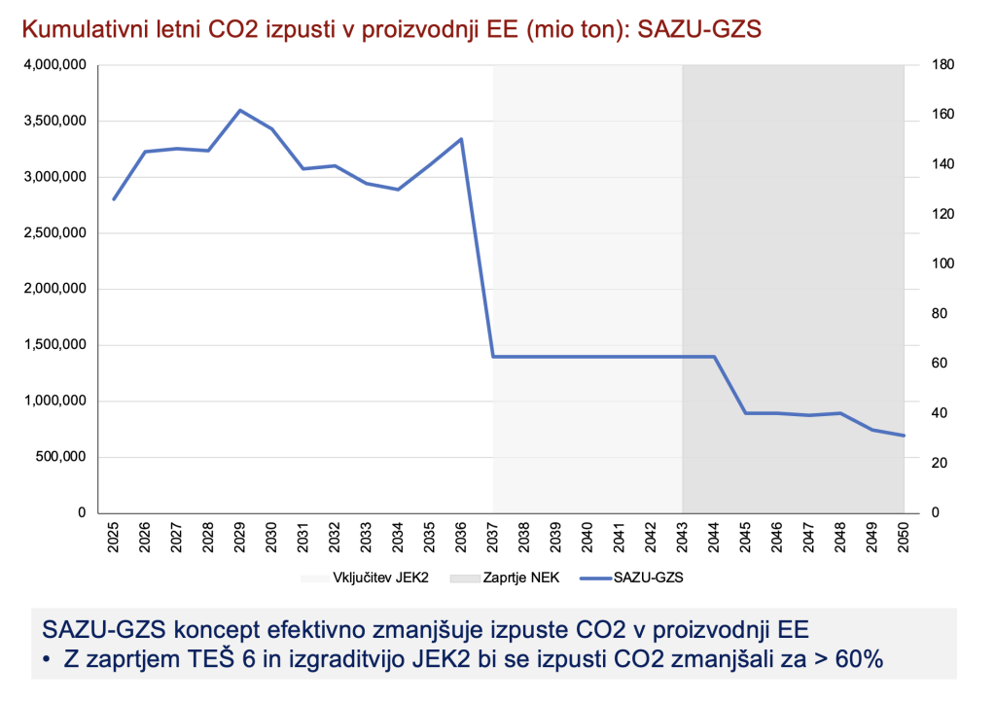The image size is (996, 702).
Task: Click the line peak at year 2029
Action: point(240,111)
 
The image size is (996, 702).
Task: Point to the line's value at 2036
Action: point(461,139)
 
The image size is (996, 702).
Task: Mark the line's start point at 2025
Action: point(114,199)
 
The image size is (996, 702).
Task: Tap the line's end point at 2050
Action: point(905,436)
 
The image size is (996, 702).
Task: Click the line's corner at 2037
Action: point(493,357)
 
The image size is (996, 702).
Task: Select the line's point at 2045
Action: point(746,413)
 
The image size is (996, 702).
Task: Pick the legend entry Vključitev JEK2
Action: point(373,578)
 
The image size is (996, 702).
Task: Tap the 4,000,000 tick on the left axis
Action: point(56,65)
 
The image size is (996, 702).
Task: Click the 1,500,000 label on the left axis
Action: point(56,345)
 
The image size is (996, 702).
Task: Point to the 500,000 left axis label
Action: point(62,457)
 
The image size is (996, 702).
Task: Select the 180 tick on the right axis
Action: point(930,65)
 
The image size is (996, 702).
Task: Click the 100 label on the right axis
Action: point(930,264)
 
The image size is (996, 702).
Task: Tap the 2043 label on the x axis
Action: point(683,538)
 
